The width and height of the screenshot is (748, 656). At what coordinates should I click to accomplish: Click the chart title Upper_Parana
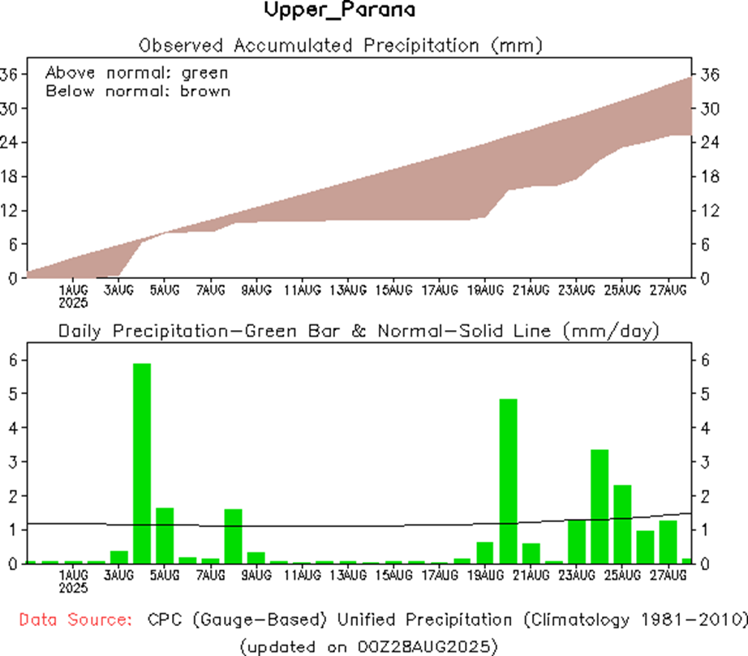tap(339, 11)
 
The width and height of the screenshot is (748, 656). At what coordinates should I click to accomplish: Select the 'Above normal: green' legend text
tap(137, 72)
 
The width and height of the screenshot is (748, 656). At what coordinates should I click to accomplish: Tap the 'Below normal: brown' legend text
tap(138, 91)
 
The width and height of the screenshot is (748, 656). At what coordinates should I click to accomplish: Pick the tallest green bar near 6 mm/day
tap(142, 462)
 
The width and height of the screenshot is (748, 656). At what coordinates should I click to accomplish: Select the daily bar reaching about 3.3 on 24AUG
tap(600, 505)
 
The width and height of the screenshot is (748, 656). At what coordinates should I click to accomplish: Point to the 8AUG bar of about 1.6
tap(234, 535)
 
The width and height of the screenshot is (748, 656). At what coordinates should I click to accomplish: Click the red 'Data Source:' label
tap(75, 620)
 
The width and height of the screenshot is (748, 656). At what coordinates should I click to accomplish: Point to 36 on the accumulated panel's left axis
tap(9, 75)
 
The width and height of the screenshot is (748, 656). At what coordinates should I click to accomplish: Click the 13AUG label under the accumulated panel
tap(347, 289)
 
